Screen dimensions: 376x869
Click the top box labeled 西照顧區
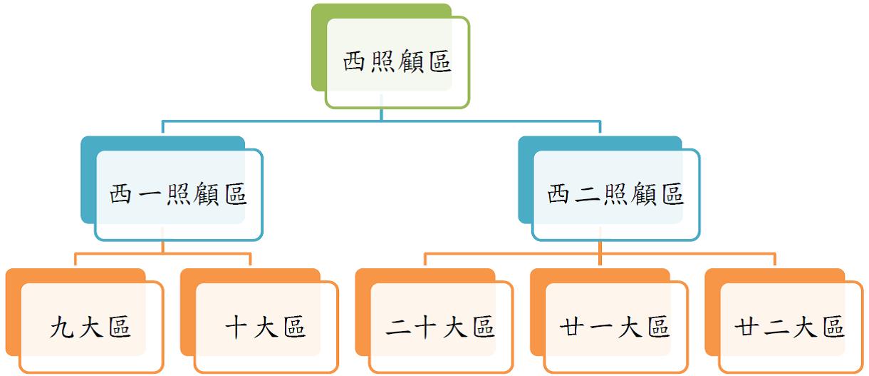coord(397,63)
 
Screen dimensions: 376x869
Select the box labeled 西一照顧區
coord(178,195)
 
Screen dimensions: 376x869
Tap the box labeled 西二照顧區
coord(615,195)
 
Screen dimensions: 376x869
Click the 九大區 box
coord(89,327)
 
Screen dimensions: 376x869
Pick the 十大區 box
coord(265,327)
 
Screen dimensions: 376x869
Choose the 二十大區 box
coord(440,327)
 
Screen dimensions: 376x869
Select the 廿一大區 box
coord(615,327)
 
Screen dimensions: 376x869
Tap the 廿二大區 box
coord(790,327)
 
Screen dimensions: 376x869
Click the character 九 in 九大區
coord(62,327)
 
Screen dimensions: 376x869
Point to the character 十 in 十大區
coord(238,327)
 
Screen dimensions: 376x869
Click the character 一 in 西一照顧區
coord(151,195)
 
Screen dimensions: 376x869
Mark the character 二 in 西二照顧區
coord(588,195)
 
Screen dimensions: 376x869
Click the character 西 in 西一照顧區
coord(123,195)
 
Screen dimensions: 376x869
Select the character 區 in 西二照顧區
coord(671,195)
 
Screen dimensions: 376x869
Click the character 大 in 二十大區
coord(455,327)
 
